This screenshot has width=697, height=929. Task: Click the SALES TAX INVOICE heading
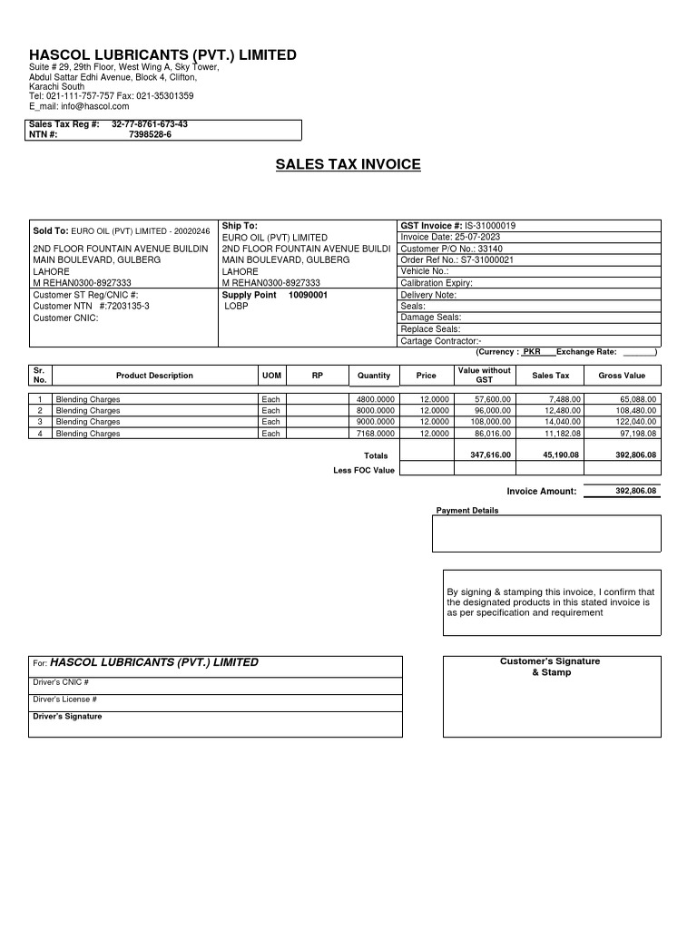348,164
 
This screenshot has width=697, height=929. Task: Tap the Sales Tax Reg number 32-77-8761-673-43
150,123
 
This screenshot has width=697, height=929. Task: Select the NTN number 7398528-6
150,134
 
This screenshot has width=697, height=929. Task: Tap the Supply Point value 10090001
308,295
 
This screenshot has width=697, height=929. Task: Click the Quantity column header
374,376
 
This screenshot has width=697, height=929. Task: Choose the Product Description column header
154,376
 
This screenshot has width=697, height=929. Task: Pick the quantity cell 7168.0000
376,434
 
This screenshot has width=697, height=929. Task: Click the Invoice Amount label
542,492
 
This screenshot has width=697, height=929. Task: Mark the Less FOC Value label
364,470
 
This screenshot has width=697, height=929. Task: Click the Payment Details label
467,511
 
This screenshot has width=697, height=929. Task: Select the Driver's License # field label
65,699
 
